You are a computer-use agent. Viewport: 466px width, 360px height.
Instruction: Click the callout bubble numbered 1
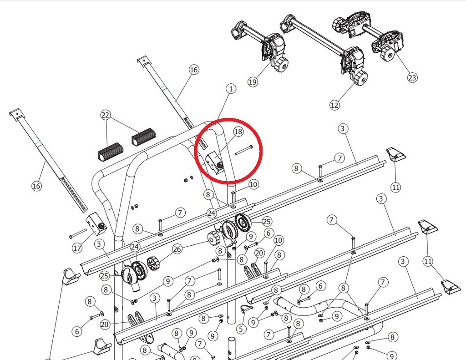(231, 89)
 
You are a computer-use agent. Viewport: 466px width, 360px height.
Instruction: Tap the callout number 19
(253, 82)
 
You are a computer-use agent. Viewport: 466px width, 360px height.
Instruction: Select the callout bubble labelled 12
(334, 105)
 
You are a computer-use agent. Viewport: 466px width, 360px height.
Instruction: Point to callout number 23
(412, 77)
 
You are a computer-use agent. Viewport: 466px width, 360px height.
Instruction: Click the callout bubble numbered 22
(106, 115)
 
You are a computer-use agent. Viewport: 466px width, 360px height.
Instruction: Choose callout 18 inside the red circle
(238, 132)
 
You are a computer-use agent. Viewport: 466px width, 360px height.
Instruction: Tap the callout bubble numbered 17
(77, 248)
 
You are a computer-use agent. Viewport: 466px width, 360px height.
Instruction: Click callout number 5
(241, 329)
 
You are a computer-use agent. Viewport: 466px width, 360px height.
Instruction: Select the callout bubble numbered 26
(177, 249)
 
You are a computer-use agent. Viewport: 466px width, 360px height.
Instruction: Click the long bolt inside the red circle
(244, 150)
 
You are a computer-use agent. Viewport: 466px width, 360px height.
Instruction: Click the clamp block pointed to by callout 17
(96, 224)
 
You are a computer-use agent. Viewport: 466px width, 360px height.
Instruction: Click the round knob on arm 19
(281, 65)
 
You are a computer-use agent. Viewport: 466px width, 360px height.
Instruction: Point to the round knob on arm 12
(360, 78)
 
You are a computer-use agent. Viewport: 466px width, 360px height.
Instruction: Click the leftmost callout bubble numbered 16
(36, 186)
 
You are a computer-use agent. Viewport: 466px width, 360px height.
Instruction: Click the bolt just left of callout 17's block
(78, 233)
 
